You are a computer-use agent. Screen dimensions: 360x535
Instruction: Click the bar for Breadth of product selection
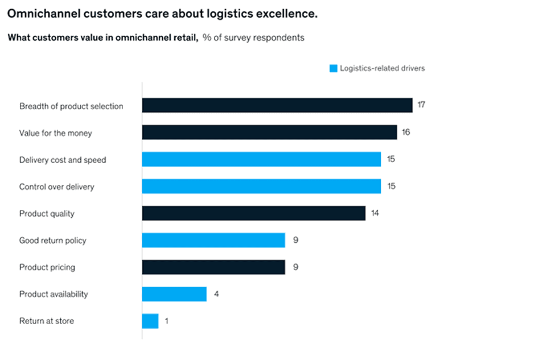click(277, 105)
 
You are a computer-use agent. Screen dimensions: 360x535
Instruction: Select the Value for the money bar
click(269, 133)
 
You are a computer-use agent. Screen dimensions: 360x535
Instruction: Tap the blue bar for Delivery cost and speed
click(261, 159)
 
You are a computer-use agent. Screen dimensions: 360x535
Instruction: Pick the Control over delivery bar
click(261, 186)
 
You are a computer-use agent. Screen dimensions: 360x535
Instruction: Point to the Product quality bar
click(253, 213)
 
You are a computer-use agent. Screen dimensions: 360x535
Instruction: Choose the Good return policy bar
click(213, 240)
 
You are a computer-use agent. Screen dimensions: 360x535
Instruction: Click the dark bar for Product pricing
click(213, 267)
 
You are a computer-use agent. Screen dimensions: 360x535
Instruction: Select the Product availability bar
click(174, 294)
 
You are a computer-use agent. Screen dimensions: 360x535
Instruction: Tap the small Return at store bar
click(150, 321)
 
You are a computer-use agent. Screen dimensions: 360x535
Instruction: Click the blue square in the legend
click(334, 68)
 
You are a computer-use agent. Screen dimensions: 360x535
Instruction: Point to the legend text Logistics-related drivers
click(382, 68)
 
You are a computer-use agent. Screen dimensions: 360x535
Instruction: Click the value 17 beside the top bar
click(421, 105)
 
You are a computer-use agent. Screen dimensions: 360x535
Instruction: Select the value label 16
click(405, 133)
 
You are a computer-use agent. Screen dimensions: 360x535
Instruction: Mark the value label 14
click(374, 213)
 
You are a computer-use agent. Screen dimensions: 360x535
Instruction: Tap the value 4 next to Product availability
click(217, 294)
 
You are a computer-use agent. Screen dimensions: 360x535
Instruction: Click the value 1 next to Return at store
click(167, 321)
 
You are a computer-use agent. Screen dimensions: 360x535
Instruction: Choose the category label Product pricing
click(47, 267)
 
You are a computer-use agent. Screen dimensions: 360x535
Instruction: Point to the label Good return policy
click(53, 240)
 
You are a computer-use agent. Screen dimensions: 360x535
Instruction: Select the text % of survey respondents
click(253, 38)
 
